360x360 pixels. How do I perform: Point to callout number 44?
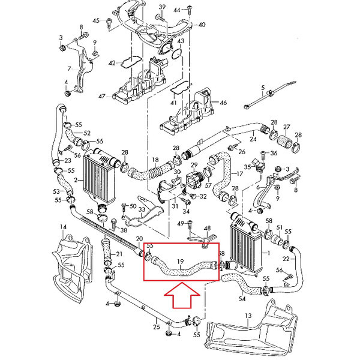click(x=177, y=10)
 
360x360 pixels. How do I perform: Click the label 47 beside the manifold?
click(x=103, y=96)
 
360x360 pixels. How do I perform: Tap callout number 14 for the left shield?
click(x=62, y=226)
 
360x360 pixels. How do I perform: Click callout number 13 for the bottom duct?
click(x=248, y=315)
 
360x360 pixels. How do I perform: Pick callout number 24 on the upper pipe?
click(x=253, y=139)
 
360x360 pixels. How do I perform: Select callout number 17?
click(x=240, y=174)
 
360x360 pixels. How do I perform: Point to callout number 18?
click(x=155, y=160)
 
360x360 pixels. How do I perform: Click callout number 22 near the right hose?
click(x=286, y=259)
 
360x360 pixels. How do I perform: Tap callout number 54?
click(x=242, y=298)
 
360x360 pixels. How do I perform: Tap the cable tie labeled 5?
click(x=262, y=88)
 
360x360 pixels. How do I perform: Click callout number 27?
click(x=287, y=127)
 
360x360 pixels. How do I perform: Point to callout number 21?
click(x=118, y=254)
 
